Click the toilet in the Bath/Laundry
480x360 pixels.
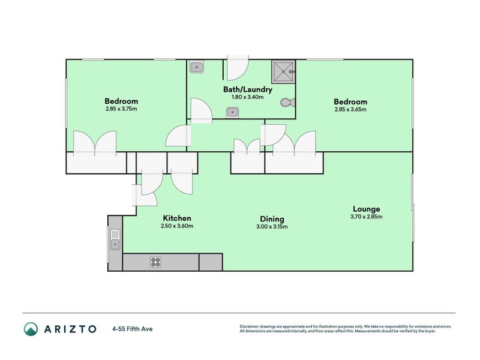287,103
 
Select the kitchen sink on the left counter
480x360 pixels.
115,239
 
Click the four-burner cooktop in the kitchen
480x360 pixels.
155,262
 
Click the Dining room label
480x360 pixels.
272,219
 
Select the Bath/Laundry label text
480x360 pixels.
248,89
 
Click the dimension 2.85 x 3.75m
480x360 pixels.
121,109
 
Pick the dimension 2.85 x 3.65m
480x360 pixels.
350,110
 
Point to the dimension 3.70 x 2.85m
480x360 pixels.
367,217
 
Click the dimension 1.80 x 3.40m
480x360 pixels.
248,97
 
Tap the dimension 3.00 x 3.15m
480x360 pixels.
272,227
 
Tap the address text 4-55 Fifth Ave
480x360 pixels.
131,329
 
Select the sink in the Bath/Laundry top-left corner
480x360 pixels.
197,66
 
